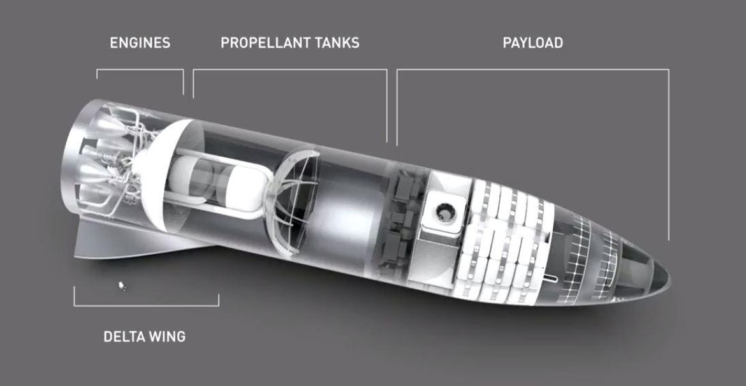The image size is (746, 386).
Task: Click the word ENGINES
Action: pos(140,43)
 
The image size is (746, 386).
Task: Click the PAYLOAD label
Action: pos(533,43)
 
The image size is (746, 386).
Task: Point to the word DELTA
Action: pos(124,337)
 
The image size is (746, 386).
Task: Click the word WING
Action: pos(167,337)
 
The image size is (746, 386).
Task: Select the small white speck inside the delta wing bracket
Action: pos(122,286)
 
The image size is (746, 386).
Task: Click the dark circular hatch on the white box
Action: pos(446,213)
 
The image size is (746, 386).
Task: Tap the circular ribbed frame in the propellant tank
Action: pos(293,202)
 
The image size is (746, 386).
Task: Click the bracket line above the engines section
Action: pos(140,70)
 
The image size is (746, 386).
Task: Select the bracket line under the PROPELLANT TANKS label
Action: pos(289,70)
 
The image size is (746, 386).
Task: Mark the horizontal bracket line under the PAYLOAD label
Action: pos(533,70)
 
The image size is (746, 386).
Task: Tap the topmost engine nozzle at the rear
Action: pos(107,126)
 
